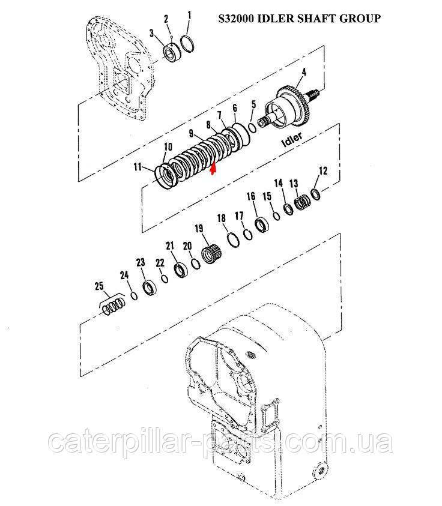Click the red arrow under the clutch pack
click(x=213, y=169)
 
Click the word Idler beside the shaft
click(x=292, y=140)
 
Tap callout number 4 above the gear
click(x=303, y=72)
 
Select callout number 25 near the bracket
click(x=99, y=286)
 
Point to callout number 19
click(x=199, y=229)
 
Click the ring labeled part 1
click(x=187, y=44)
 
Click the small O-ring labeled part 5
click(x=253, y=127)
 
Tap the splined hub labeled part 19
click(x=213, y=255)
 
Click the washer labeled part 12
click(x=315, y=194)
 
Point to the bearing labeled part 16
click(x=262, y=224)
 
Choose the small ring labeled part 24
click(x=134, y=295)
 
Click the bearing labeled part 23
click(x=150, y=287)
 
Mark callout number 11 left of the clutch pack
click(x=138, y=166)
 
